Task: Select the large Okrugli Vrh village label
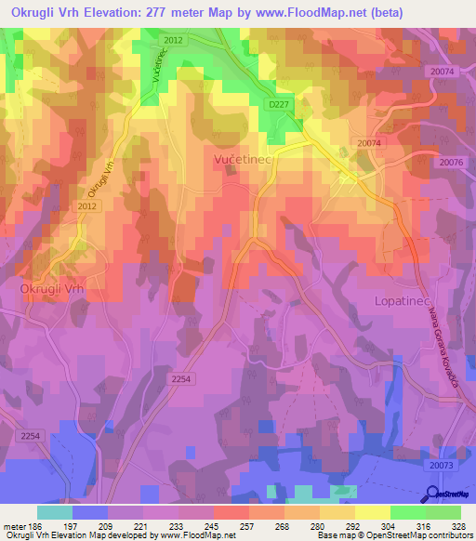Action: [52, 289]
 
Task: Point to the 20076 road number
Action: [453, 163]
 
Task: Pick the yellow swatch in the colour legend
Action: [372, 512]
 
